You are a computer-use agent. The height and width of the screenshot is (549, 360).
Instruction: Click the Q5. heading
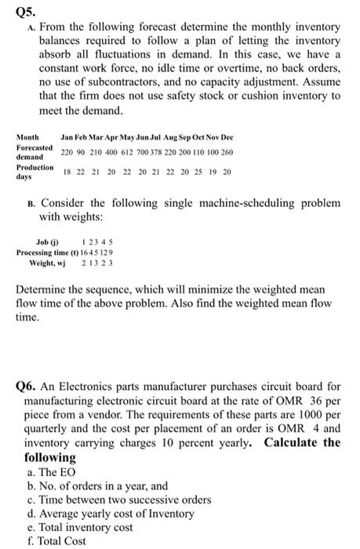click(25, 10)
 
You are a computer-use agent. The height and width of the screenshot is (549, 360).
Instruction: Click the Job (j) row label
click(47, 242)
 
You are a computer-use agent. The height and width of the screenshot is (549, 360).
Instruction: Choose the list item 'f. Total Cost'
click(57, 542)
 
